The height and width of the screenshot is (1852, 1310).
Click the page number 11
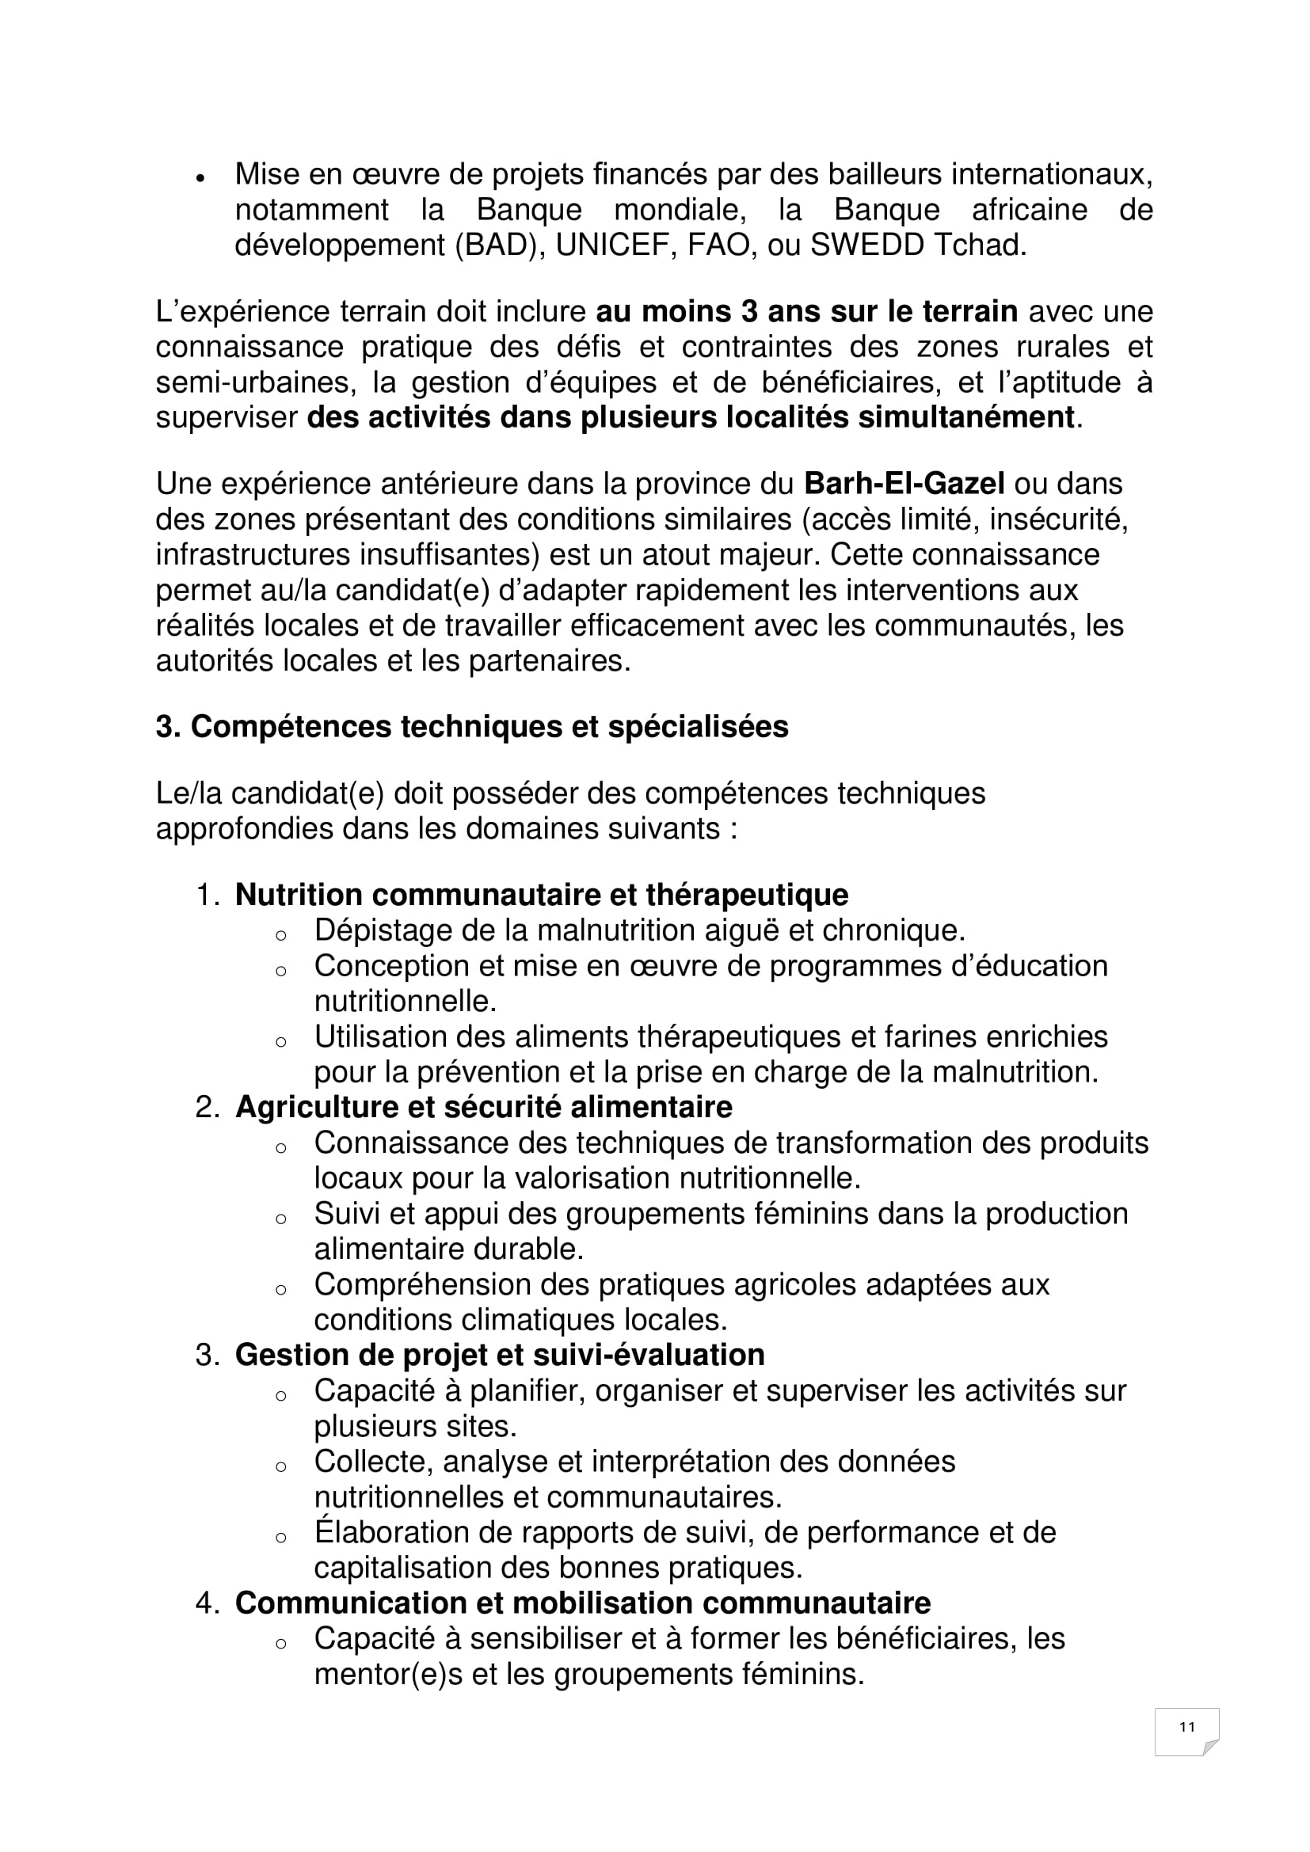(1186, 1727)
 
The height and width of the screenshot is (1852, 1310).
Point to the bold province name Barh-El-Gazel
(904, 484)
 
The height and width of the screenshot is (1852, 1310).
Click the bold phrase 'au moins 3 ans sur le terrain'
(806, 311)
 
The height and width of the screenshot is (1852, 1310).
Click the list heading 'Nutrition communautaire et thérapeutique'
(541, 895)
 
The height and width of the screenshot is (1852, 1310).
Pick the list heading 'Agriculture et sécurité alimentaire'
(483, 1107)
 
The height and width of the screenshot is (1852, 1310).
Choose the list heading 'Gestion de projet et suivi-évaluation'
(499, 1354)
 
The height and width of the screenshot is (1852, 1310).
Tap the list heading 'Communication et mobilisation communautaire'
(582, 1602)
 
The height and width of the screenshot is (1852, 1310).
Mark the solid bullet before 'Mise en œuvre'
(202, 177)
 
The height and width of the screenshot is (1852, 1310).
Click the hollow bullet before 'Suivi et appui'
(280, 1218)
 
